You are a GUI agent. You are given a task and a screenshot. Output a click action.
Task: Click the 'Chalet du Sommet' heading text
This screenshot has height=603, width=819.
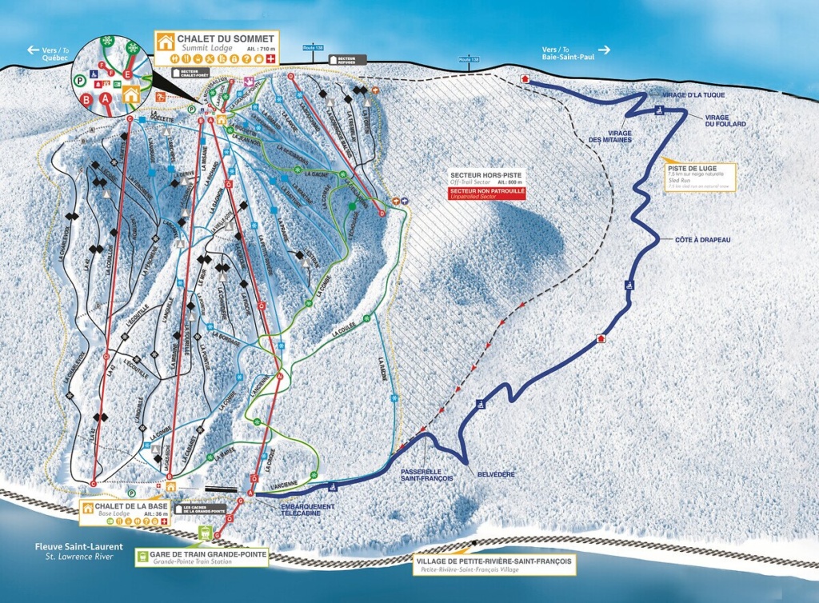[228, 38]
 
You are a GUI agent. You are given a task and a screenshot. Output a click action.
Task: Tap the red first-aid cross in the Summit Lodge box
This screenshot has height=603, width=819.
[270, 59]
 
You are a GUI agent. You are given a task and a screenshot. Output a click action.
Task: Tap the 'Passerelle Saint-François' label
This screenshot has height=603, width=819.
[427, 474]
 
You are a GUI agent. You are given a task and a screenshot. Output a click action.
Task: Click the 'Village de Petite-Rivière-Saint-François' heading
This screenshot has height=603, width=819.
[494, 561]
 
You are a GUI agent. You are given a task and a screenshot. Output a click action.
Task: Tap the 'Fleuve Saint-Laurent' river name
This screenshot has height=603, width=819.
[78, 547]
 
